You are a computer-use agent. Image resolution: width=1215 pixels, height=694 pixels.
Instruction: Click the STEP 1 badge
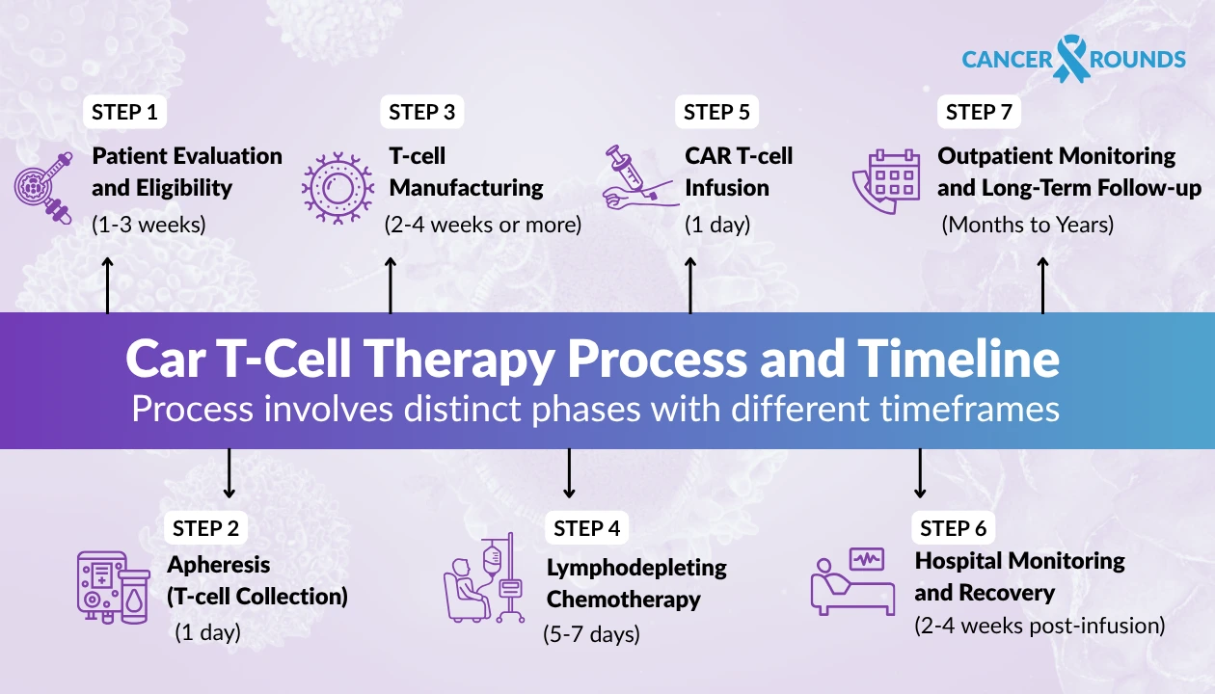click(124, 112)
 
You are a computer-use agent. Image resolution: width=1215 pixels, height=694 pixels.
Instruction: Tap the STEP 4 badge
click(587, 528)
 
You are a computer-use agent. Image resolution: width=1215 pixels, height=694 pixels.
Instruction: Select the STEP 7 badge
click(979, 112)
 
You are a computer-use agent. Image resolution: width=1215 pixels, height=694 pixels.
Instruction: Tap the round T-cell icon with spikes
click(337, 185)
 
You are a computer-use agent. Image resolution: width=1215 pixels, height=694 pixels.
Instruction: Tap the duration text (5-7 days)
click(591, 634)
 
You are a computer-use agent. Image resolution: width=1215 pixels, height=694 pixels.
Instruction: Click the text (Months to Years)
click(1027, 226)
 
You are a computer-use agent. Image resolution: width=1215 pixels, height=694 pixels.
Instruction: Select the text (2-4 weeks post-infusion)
click(1039, 626)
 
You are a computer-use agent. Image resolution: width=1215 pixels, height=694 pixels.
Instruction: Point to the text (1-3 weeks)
click(148, 226)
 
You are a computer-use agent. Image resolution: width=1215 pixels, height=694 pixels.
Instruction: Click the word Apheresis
click(219, 565)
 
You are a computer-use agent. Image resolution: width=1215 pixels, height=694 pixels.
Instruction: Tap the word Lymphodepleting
click(636, 567)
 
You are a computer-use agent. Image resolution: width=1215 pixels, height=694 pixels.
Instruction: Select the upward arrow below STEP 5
click(690, 284)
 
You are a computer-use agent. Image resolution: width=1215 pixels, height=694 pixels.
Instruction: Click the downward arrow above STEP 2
click(229, 472)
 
